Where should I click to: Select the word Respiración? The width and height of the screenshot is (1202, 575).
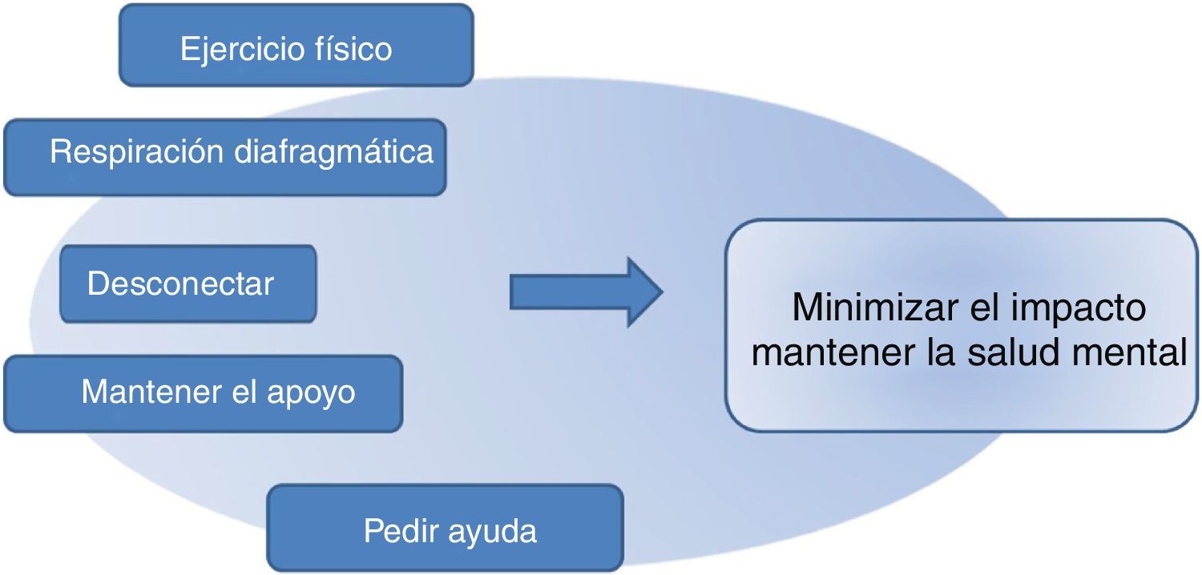coord(137,151)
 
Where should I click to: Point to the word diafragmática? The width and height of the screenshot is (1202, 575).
coord(334,151)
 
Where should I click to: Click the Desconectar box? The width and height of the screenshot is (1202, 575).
coord(188,284)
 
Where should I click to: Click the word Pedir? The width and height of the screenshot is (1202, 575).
coord(394,530)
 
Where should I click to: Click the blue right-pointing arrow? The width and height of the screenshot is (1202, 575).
coord(585,292)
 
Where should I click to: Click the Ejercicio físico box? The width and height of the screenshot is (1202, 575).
coord(296,45)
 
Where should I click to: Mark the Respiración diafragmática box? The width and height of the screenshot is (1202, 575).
coord(224,157)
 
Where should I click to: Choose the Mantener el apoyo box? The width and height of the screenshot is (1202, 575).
coord(203,393)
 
